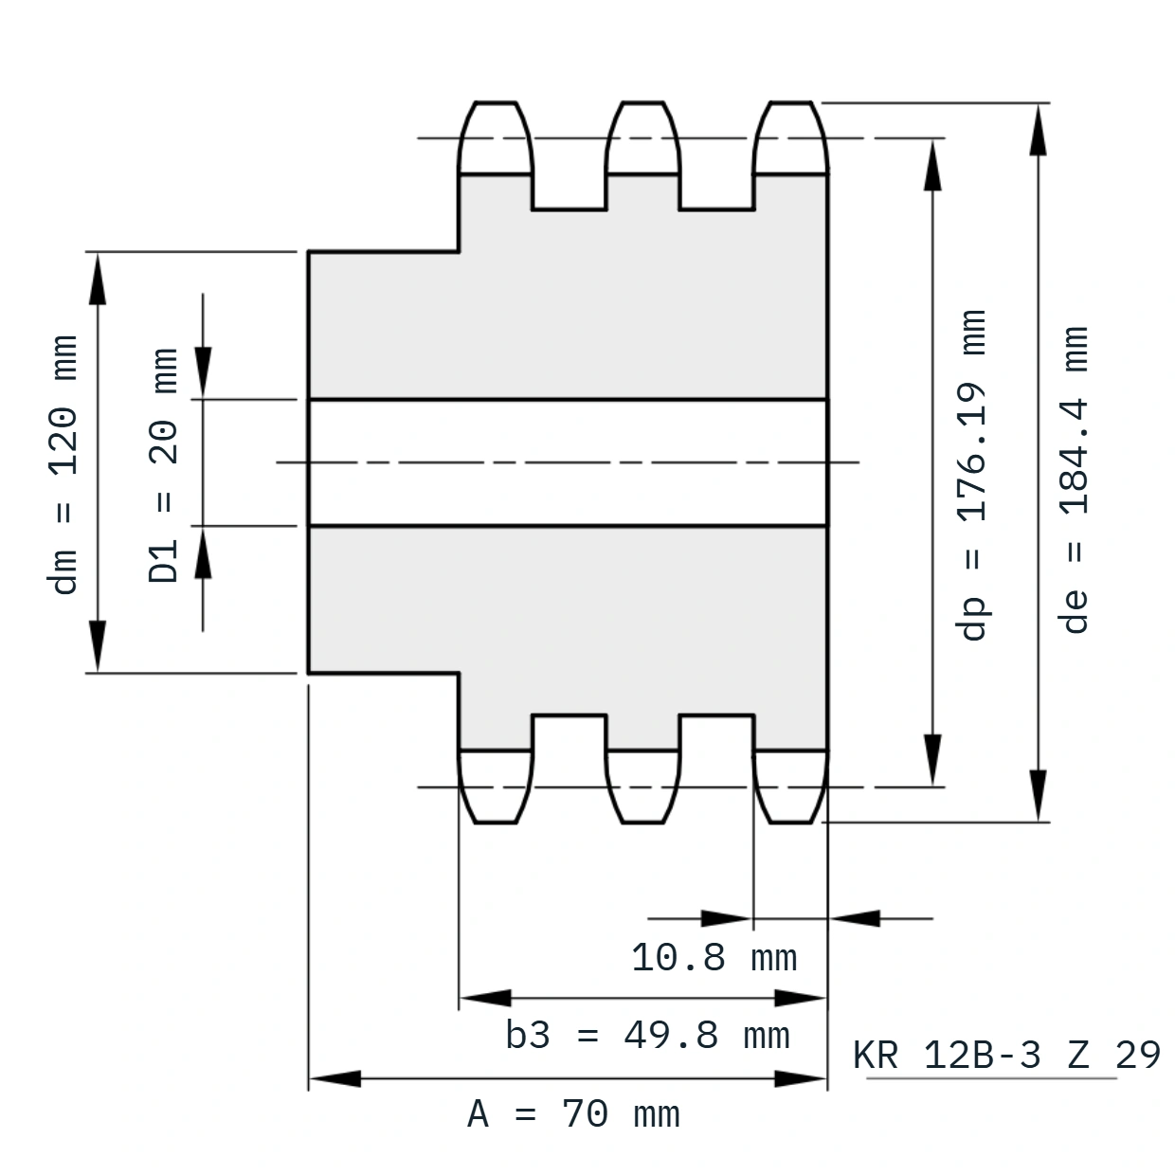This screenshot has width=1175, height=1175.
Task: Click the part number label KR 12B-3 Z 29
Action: tap(1006, 1055)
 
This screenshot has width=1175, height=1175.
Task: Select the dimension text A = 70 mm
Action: tap(573, 1114)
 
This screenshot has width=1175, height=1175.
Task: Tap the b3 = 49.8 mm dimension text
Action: tap(647, 1036)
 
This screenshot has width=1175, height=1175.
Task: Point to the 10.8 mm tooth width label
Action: tap(714, 957)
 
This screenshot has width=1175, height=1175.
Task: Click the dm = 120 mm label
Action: tap(63, 464)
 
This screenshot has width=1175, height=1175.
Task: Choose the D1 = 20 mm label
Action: tap(163, 465)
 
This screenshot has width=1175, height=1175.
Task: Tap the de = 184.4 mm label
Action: tap(1074, 479)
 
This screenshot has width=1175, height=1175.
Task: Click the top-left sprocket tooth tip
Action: tap(496, 101)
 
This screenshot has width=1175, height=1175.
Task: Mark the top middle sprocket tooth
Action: tap(642, 137)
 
